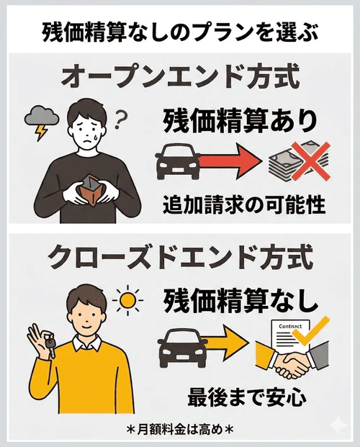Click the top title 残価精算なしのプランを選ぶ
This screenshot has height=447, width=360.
pyautogui.click(x=180, y=32)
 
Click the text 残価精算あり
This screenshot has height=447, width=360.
pyautogui.click(x=239, y=119)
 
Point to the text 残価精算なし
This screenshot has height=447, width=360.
pyautogui.click(x=240, y=300)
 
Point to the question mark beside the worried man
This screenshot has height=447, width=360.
pyautogui.click(x=120, y=116)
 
